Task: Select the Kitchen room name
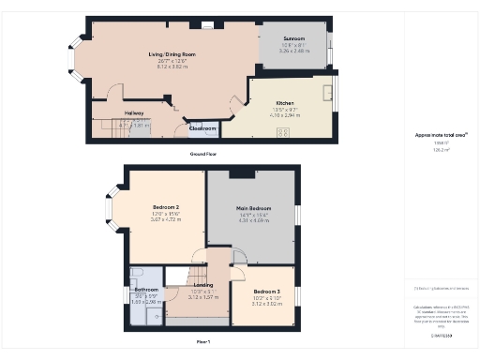tap(285, 102)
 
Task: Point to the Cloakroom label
tap(203, 128)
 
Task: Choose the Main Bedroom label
tap(254, 207)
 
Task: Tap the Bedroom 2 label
tap(165, 206)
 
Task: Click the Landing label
tap(203, 285)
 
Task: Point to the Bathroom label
tap(145, 290)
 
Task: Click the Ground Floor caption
tap(204, 152)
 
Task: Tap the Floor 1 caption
tap(202, 341)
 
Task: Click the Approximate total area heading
tap(434, 135)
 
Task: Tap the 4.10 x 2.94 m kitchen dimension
tap(285, 114)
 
